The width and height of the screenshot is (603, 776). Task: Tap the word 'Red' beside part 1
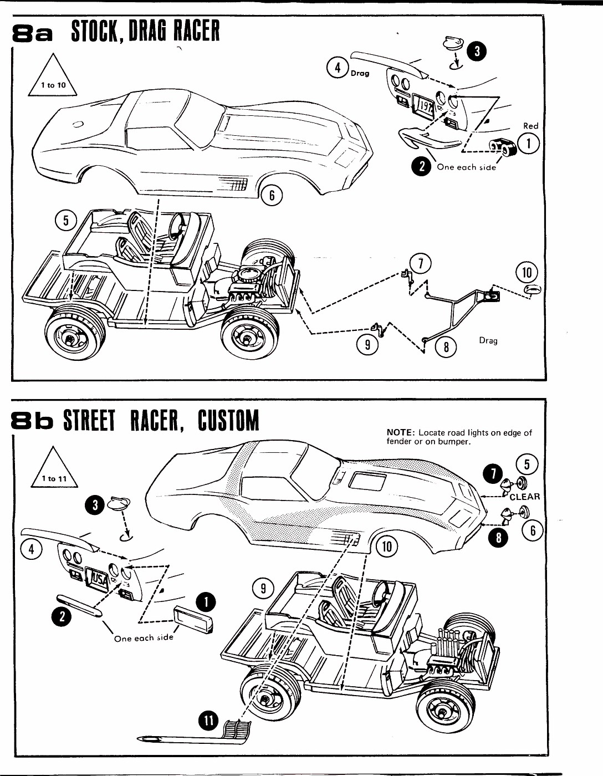point(530,126)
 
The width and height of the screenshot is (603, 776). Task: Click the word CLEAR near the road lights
point(524,497)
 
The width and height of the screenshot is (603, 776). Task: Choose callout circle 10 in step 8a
point(527,272)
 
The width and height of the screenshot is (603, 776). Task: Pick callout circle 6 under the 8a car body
point(272,195)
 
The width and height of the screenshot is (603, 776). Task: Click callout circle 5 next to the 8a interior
point(65,221)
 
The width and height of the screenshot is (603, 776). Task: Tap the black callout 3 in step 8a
point(477,51)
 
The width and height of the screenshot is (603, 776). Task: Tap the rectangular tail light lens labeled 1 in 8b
point(192,619)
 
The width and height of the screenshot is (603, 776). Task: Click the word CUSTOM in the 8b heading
point(228,421)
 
